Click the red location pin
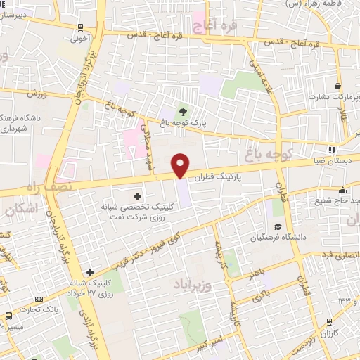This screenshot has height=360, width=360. pos(181,165)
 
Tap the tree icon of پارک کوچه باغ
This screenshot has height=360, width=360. pos(184,112)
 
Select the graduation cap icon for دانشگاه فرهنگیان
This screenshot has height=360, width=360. pos(278,227)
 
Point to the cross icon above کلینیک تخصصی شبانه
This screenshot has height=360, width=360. pos(136,196)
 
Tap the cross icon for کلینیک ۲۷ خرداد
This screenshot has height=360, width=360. pos(90,272)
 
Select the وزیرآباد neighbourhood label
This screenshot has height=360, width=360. pos(191,285)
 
